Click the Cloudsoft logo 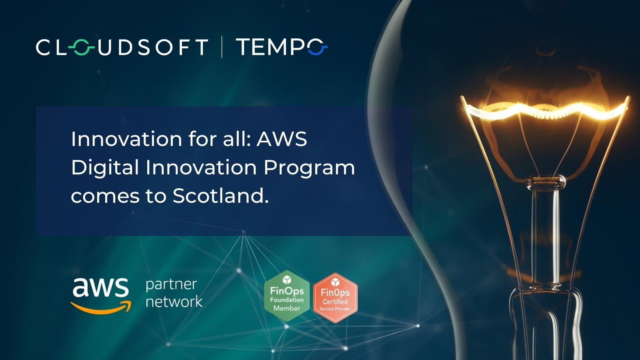click(x=122, y=47)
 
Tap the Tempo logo click(x=281, y=47)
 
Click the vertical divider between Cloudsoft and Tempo click(x=222, y=47)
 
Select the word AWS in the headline click(x=282, y=139)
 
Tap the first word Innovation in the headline click(x=126, y=139)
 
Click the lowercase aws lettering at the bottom click(x=100, y=287)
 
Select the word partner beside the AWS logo click(x=171, y=285)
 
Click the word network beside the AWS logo click(x=174, y=301)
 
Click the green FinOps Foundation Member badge click(x=286, y=296)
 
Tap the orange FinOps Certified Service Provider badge click(x=335, y=298)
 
